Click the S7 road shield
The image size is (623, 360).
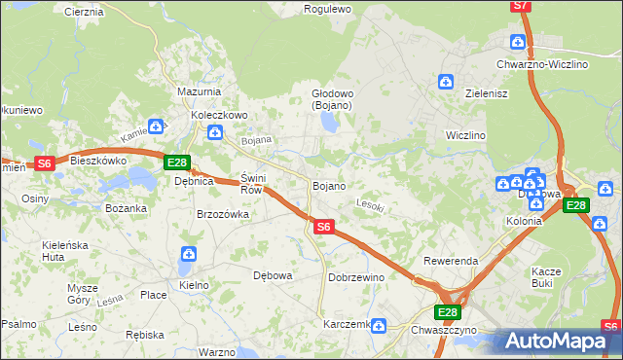[521, 6]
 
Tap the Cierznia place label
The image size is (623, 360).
[83, 12]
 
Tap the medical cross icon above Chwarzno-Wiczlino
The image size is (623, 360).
[518, 42]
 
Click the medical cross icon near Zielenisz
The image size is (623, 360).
[446, 82]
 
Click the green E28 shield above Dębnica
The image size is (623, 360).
[176, 162]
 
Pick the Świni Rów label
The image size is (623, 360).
[252, 184]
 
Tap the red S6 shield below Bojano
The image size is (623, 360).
[325, 227]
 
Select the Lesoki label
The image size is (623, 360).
[371, 205]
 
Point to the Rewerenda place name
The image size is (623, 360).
[450, 262]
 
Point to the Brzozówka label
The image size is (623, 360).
[224, 214]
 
